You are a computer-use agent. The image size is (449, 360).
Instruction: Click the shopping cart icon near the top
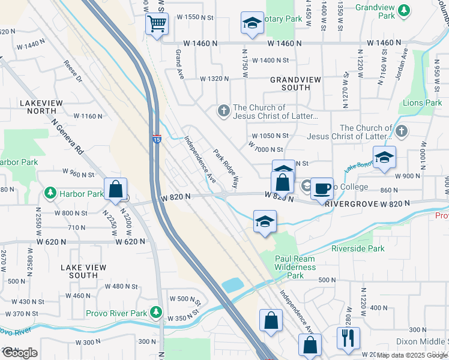pyautogui.click(x=157, y=25)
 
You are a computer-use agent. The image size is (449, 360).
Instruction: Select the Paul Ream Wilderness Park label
pyautogui.click(x=295, y=267)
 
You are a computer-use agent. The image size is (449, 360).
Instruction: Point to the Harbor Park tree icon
pyautogui.click(x=50, y=194)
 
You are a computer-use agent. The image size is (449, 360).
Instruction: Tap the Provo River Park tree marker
pyautogui.click(x=156, y=313)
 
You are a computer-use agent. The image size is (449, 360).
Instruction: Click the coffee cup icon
pyautogui.click(x=322, y=188)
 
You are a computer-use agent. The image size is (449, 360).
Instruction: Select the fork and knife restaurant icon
pyautogui.click(x=348, y=338)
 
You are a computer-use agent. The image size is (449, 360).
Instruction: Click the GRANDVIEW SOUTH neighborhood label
pyautogui.click(x=290, y=83)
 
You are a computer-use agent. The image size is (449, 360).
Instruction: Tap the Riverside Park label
pyautogui.click(x=358, y=248)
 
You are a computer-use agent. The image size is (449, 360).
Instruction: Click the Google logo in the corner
pyautogui.click(x=19, y=353)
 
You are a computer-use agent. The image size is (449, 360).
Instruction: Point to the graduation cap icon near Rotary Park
pyautogui.click(x=252, y=23)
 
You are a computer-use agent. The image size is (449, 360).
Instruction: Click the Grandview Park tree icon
pyautogui.click(x=404, y=10)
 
